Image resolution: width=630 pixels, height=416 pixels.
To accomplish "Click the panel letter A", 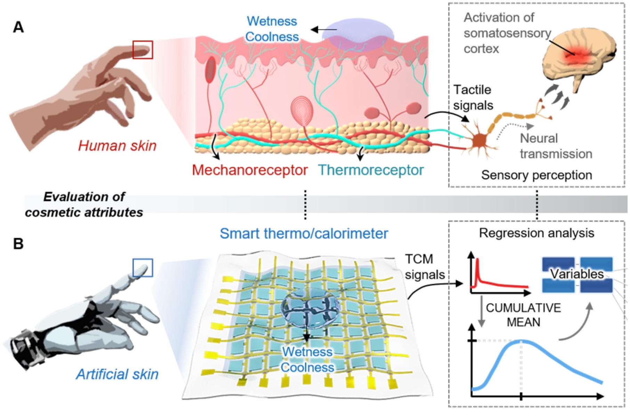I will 18,27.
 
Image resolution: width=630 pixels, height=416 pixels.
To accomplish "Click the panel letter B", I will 18,243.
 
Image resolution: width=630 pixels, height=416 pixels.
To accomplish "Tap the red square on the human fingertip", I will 143,49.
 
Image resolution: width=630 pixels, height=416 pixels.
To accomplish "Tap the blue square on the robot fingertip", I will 143,267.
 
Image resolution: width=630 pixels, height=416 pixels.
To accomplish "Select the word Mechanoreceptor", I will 250,170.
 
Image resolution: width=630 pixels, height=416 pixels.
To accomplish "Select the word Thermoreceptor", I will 371,170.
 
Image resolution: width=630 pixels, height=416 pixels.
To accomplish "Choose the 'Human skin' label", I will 117,145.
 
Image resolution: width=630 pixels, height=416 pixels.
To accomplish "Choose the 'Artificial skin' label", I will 117,374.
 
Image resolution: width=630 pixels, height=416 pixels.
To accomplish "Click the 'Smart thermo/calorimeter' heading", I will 304,233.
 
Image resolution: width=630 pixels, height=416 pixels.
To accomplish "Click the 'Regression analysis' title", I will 536,233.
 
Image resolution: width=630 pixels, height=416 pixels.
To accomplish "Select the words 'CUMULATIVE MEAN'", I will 523,315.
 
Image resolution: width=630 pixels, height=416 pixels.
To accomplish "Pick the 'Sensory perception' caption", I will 536,175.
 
